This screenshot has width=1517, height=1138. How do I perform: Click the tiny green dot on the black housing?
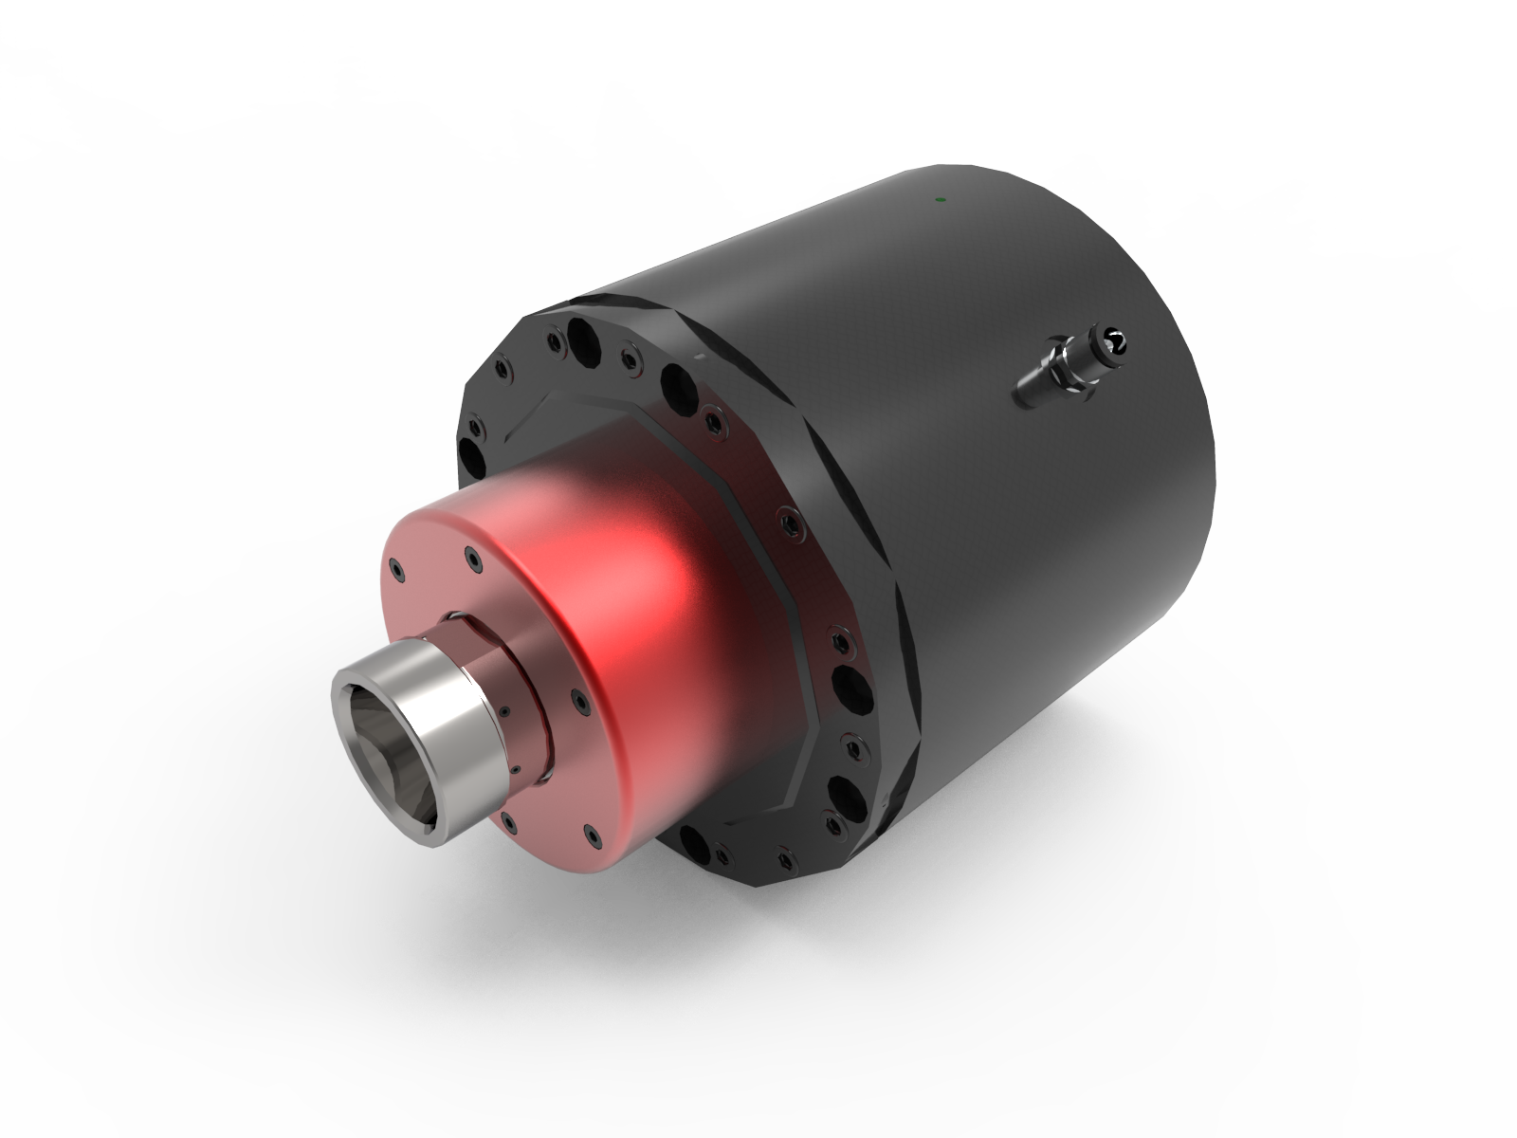938,199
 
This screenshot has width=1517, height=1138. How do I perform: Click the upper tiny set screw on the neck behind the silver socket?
504,710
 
